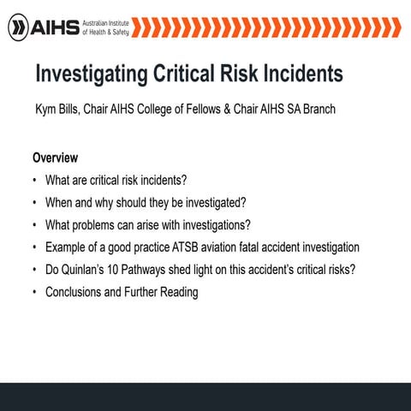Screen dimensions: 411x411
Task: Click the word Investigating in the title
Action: pos(88,74)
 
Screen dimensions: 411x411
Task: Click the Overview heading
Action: pos(56,158)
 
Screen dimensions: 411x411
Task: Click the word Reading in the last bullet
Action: pos(177,292)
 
